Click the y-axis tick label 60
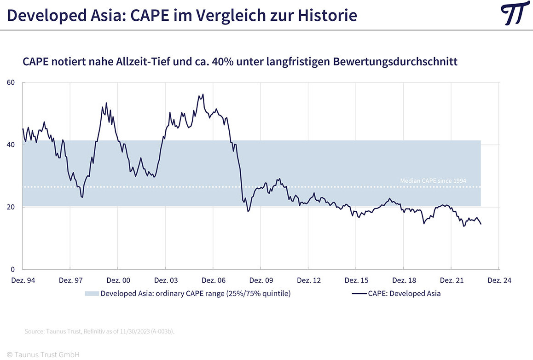pos(11,82)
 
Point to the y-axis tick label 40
pos(11,145)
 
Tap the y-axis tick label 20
pos(11,207)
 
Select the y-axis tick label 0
pos(13,269)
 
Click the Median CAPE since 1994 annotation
pos(433,181)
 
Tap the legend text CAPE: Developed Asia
pos(404,293)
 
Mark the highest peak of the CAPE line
pos(203,94)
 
